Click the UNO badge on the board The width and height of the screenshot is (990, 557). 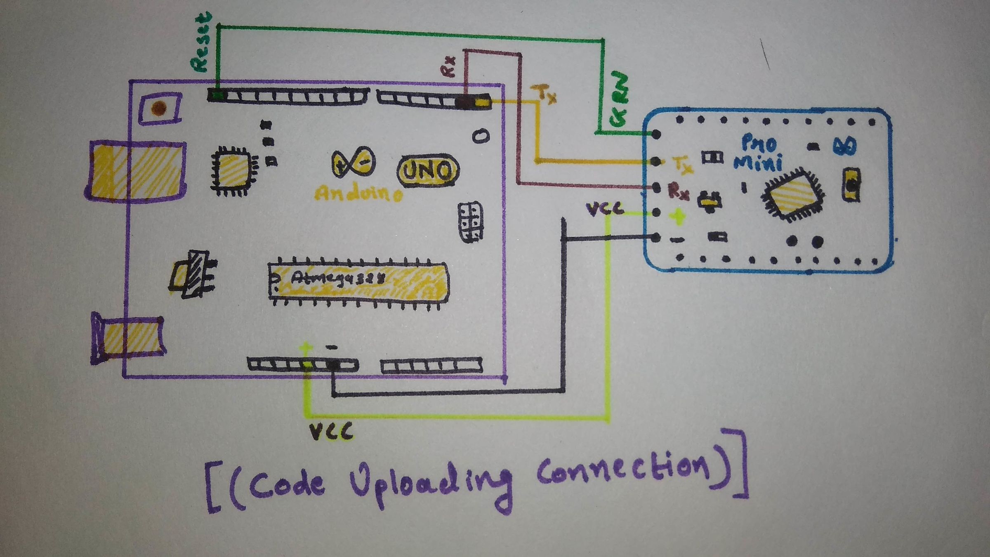tap(427, 170)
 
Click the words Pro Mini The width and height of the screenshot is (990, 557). tap(759, 153)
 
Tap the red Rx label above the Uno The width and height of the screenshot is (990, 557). tap(448, 66)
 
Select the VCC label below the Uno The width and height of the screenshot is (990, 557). tap(331, 432)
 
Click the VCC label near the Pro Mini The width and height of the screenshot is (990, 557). tap(605, 209)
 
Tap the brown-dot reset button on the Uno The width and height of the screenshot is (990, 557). tap(159, 108)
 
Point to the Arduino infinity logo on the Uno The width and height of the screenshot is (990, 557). tap(354, 163)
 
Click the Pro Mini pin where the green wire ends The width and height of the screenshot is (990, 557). tap(656, 134)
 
